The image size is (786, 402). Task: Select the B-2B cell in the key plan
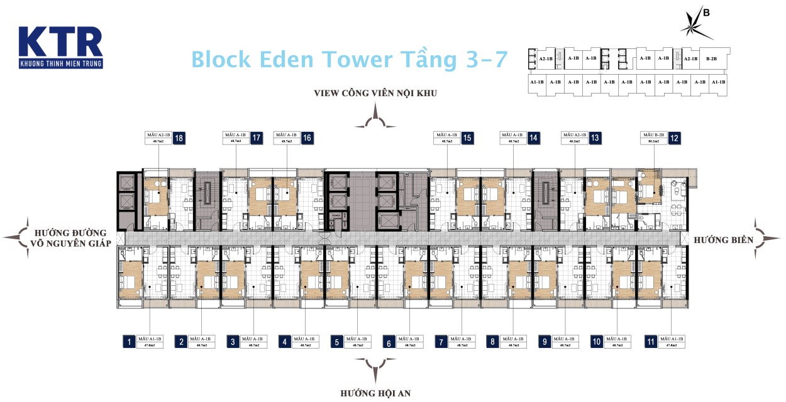[x=711, y=58]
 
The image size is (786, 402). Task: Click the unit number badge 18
[x=180, y=139]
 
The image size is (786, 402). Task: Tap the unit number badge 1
[x=129, y=342]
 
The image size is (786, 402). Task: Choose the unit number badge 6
[x=389, y=342]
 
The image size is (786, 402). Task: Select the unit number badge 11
[x=650, y=342]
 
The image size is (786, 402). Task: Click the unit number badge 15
[x=467, y=139]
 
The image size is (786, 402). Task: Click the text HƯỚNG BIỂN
[x=722, y=239]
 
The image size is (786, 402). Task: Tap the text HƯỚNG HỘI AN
[x=375, y=393]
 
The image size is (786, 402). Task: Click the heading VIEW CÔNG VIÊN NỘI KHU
[x=375, y=93]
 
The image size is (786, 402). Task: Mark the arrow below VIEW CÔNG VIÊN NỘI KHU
[x=375, y=117]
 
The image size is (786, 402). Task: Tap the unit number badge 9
[x=545, y=342]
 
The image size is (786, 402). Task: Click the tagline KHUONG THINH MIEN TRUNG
[x=60, y=63]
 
